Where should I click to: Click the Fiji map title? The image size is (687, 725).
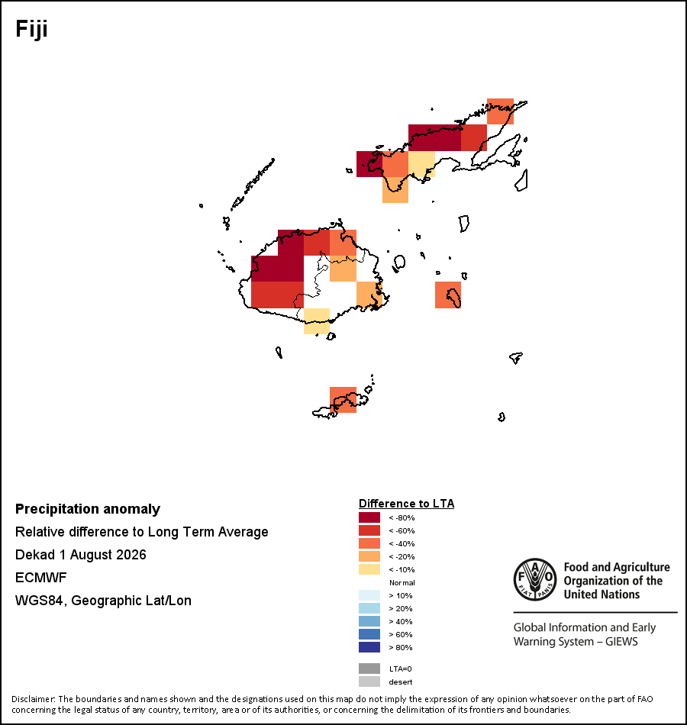[x=31, y=29]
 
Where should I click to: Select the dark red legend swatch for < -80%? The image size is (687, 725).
[x=369, y=517]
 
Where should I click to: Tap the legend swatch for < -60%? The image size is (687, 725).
[x=369, y=530]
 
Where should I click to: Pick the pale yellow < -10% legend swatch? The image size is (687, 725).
[x=369, y=569]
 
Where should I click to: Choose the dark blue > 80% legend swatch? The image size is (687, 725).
[x=369, y=647]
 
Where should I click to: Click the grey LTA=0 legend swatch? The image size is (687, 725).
[x=369, y=669]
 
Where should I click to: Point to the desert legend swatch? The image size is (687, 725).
[x=369, y=681]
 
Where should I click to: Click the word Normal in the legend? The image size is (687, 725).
[x=402, y=582]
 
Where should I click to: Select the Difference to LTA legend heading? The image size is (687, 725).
[x=407, y=504]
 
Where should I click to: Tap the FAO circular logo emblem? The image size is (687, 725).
[x=535, y=579]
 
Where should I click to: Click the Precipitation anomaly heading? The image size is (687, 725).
[x=88, y=509]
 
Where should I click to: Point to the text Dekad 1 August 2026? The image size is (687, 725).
[x=80, y=554]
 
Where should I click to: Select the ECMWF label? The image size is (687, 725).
[x=40, y=578]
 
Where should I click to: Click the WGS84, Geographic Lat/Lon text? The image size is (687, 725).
[x=103, y=600]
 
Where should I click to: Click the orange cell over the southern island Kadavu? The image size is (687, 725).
[x=343, y=400]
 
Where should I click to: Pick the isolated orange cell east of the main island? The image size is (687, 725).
[x=448, y=295]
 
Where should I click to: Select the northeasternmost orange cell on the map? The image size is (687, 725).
[x=500, y=111]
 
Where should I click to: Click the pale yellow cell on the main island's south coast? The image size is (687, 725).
[x=317, y=321]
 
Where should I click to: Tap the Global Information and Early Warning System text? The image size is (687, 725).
[x=585, y=634]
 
